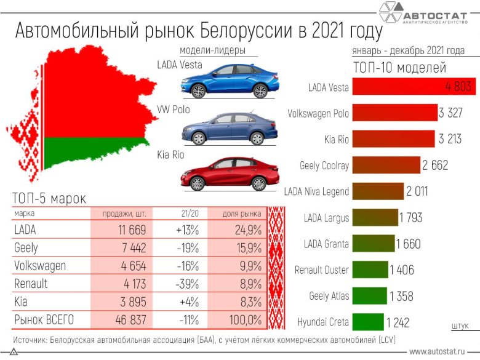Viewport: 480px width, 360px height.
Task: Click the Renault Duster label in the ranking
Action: pyautogui.click(x=322, y=270)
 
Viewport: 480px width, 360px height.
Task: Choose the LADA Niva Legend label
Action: pyautogui.click(x=317, y=192)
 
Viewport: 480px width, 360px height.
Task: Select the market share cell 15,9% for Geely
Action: pyautogui.click(x=245, y=247)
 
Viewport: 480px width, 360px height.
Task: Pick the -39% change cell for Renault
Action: pyautogui.click(x=189, y=284)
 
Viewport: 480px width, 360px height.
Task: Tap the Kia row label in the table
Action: pyautogui.click(x=20, y=302)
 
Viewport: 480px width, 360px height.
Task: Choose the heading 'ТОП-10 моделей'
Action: pyautogui.click(x=399, y=68)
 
